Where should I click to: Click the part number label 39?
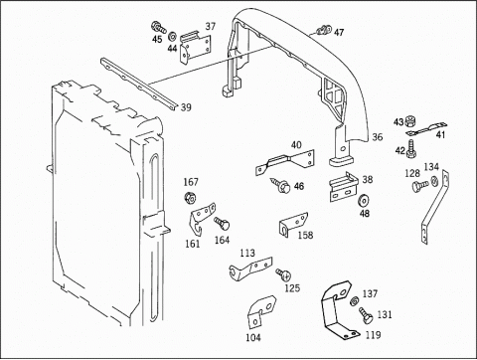186,107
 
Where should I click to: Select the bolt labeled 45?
159,28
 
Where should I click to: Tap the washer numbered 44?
172,36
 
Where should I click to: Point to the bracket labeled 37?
195,47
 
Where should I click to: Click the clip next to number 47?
324,30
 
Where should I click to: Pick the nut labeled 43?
410,121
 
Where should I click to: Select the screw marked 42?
411,149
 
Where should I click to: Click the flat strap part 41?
426,129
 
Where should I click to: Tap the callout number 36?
378,137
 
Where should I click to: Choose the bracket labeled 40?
285,162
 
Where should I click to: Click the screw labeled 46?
280,185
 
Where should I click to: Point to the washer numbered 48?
364,201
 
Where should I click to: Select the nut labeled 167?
190,198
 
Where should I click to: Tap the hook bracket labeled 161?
202,217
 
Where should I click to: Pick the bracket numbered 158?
293,223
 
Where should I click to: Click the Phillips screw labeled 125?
284,274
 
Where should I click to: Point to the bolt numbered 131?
366,315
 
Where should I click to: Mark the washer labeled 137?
354,300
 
